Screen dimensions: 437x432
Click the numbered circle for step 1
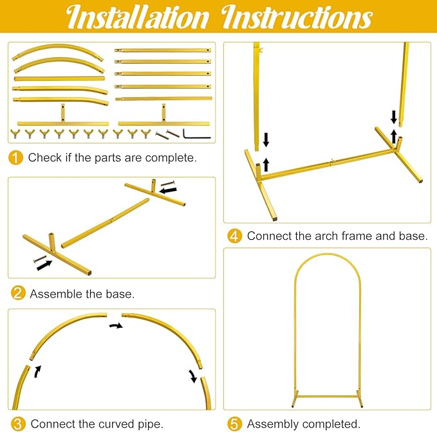15,157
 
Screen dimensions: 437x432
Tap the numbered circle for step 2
18,293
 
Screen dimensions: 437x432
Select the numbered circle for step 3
18,424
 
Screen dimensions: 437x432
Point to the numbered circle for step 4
234,236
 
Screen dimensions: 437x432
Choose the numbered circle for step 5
234,424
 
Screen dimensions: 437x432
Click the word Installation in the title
137,17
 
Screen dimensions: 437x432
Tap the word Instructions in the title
297,17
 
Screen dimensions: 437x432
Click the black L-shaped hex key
197,134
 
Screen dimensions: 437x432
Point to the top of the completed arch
327,254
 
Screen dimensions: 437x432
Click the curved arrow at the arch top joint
116,325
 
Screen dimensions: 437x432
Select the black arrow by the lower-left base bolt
44,265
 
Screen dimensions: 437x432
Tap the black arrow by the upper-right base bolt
168,190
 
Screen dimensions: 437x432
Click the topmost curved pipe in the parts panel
58,52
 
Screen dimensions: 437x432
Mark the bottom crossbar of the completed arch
327,396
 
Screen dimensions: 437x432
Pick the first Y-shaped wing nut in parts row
15,134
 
